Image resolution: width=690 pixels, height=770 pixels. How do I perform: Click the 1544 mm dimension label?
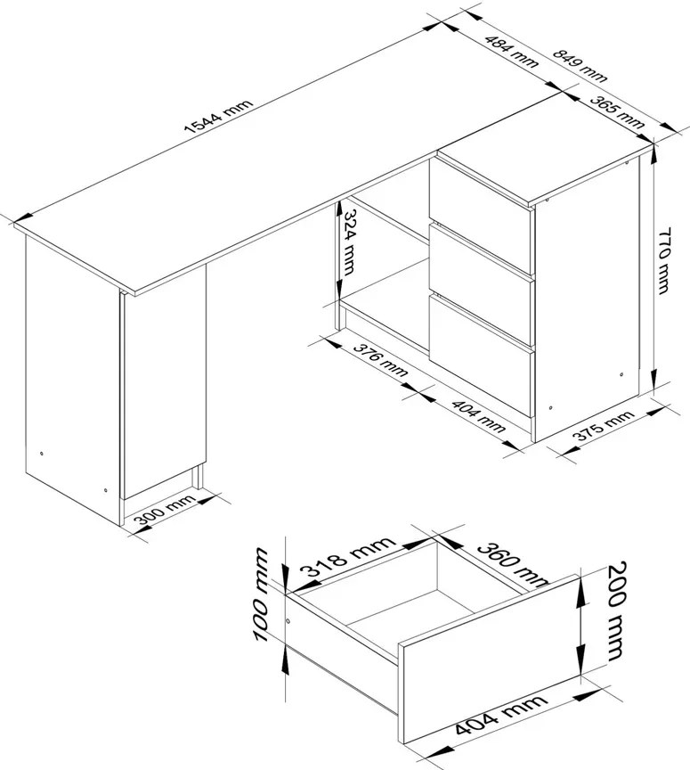(219, 117)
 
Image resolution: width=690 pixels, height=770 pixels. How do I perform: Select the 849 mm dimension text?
(580, 65)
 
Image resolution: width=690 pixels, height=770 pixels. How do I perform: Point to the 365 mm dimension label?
(617, 111)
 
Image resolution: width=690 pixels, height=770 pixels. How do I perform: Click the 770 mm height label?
(663, 260)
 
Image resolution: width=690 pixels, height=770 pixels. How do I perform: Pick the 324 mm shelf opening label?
(349, 242)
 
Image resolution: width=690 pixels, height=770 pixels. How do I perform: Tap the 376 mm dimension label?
(380, 361)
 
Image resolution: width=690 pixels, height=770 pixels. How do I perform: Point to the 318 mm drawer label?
(347, 556)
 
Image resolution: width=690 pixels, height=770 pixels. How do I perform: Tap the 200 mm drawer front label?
(616, 610)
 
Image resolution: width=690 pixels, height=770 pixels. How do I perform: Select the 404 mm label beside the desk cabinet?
(478, 416)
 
